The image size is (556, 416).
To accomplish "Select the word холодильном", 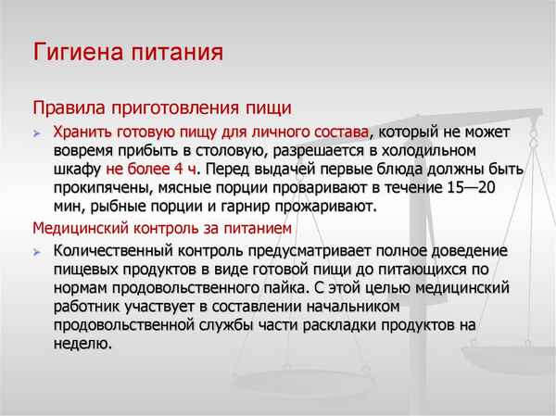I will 421,150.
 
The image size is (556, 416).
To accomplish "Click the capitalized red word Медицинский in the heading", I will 78,228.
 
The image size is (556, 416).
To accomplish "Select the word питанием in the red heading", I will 263,228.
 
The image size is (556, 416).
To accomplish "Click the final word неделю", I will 82,344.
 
